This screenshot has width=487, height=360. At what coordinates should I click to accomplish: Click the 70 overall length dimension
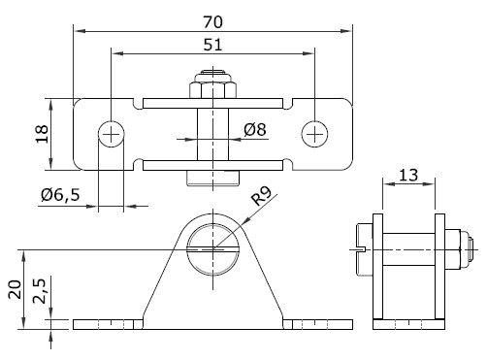click(x=213, y=22)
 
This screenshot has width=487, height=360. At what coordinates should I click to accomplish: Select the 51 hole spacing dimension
click(x=213, y=45)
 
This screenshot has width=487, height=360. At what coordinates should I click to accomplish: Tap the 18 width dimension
click(x=42, y=134)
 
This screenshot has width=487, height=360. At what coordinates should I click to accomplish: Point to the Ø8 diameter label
click(x=255, y=129)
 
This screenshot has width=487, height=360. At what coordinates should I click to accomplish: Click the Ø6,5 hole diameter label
click(x=60, y=195)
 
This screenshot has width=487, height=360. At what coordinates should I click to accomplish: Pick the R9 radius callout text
click(x=262, y=195)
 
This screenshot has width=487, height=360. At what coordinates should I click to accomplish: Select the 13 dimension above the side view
click(x=408, y=175)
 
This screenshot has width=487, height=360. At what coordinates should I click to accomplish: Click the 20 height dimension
click(x=16, y=289)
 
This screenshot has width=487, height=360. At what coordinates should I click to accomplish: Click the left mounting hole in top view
click(x=111, y=134)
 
